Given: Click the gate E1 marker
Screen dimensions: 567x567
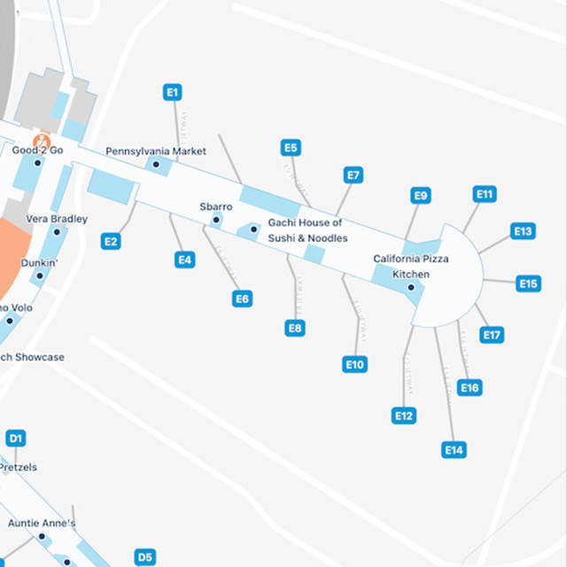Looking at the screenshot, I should (173, 92).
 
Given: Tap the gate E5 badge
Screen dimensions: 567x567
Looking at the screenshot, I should (290, 148).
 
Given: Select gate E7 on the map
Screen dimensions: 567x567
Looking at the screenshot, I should (353, 175).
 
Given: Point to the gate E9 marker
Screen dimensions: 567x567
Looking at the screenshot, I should (421, 196).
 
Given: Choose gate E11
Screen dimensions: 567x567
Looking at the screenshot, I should (485, 194).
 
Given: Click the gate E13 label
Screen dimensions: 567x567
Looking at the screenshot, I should (524, 231).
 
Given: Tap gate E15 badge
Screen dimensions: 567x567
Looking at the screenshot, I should (529, 283).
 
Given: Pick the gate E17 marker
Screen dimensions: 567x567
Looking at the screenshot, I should (493, 335).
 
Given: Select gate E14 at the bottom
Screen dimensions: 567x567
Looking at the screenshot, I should (454, 450).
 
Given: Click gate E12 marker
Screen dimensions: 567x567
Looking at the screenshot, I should (404, 416).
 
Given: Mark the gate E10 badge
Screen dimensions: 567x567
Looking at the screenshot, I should (355, 364).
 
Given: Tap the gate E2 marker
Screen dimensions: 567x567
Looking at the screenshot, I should (111, 241).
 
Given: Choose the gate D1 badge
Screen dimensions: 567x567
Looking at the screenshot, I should (16, 438).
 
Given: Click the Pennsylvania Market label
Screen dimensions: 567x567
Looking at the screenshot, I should (156, 151).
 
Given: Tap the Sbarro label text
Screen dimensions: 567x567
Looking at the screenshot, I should (215, 206).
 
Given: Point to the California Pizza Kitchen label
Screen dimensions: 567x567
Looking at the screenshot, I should (410, 266).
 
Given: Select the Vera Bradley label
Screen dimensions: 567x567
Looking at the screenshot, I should (57, 219).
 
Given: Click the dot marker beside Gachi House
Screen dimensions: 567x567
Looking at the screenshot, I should (253, 229).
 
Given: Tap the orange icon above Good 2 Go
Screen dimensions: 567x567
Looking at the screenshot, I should (41, 140).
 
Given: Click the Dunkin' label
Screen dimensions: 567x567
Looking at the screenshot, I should (39, 263).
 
